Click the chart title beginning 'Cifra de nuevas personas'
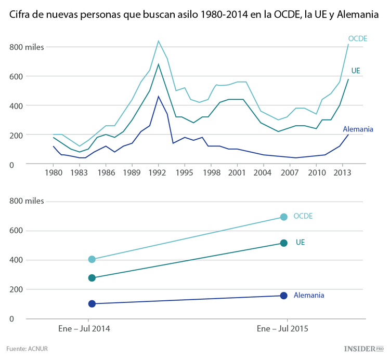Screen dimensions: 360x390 click(193, 15)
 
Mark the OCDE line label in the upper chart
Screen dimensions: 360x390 click(358, 38)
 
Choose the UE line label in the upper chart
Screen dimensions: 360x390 click(356, 70)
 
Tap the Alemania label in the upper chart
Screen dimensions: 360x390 click(358, 129)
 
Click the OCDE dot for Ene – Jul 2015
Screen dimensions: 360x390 click(283, 217)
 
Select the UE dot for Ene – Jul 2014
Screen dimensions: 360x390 click(92, 278)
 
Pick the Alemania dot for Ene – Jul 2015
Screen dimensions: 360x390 click(283, 296)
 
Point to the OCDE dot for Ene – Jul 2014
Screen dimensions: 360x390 click(92, 259)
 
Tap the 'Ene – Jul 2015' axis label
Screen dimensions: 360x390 click(283, 329)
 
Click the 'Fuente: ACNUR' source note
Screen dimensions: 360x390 click(27, 349)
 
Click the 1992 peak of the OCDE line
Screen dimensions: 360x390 click(159, 41)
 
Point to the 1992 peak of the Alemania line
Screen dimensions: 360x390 click(159, 96)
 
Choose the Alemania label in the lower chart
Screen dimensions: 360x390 click(309, 295)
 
